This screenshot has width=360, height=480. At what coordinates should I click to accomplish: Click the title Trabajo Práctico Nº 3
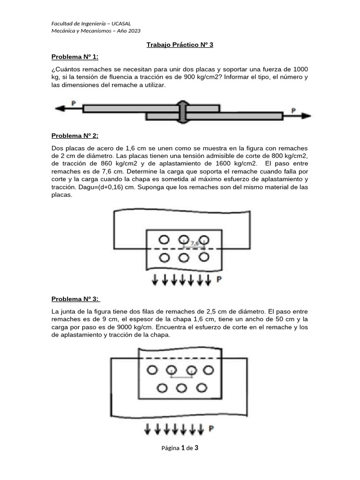pos(180,45)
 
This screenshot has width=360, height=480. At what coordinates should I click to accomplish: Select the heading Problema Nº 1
pos(75,57)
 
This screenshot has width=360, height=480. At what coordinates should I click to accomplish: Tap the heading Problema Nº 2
pos(75,135)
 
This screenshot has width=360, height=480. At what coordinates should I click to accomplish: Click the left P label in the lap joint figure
pos(74,103)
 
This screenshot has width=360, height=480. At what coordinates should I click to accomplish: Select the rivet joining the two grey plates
pos(183,112)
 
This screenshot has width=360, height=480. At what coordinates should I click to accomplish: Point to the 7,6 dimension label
pos(195,243)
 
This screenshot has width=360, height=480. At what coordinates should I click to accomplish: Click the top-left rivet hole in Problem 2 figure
pos(164,240)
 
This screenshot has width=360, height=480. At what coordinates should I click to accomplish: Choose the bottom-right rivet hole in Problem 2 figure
pos(203,257)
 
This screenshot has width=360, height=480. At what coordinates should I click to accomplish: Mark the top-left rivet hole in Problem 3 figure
pos(152,370)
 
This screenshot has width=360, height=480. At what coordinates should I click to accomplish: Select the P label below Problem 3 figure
pos(211,428)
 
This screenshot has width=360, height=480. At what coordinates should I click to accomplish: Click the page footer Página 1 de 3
pos(180,448)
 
